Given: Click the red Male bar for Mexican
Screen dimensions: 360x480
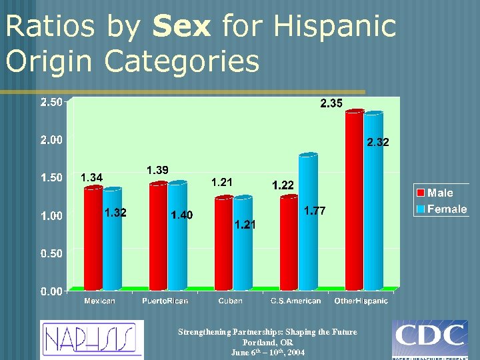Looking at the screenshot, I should tap(93, 239).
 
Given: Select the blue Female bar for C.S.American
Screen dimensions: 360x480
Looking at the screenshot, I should tap(308, 221).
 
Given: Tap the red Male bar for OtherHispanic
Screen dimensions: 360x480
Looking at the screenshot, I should tap(354, 200).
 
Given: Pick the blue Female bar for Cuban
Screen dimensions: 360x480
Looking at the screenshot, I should tap(243, 243).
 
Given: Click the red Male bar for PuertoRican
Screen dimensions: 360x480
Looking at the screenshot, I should tap(159, 237).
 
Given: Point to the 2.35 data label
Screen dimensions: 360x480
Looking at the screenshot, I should tap(331, 103).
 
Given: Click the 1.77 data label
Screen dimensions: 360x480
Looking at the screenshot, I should tap(315, 211).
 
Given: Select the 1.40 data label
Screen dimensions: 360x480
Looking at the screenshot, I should tap(181, 215).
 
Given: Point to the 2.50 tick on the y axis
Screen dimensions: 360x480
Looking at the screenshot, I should tap(51, 102).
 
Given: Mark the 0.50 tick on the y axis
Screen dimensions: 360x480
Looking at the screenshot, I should tap(51, 253).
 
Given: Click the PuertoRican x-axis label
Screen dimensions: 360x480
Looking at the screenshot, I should tap(165, 301).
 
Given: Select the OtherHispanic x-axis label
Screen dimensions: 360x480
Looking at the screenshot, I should tap(361, 301).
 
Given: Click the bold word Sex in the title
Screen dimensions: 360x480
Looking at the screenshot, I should tap(181, 27).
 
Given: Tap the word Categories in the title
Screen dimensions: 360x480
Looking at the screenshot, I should tap(182, 61).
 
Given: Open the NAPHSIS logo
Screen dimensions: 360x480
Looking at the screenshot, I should tap(91, 339).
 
